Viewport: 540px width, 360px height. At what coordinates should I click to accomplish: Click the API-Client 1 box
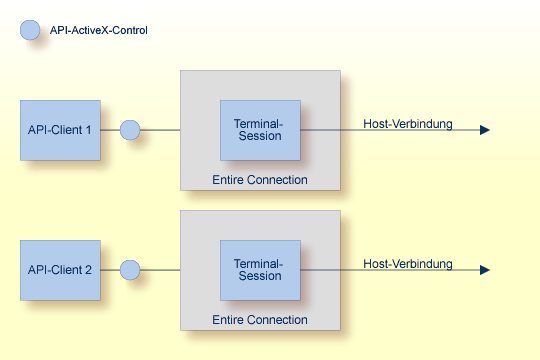tap(60, 130)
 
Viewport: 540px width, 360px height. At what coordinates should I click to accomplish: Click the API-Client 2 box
tap(60, 270)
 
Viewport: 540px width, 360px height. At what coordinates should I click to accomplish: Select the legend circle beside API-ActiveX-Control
tap(30, 30)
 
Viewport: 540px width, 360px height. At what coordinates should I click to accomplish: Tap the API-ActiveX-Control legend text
tap(99, 31)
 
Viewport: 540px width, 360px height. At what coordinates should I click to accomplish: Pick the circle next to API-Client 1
tap(130, 130)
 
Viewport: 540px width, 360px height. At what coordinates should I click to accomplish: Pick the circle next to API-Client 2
tap(130, 270)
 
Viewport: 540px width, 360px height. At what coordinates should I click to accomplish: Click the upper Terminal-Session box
tap(260, 130)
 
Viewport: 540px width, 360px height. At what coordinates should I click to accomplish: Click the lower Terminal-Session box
tap(260, 270)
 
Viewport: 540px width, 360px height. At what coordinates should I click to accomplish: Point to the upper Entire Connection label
tap(260, 179)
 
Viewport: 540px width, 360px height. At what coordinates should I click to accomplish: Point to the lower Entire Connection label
tap(260, 319)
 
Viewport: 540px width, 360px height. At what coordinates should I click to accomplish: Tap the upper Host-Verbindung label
tap(407, 124)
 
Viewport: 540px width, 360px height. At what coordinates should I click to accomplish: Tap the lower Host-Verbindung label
tap(407, 264)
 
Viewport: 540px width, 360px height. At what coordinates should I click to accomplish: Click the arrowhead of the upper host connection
tap(485, 130)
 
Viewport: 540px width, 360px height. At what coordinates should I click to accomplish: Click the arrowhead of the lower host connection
tap(485, 270)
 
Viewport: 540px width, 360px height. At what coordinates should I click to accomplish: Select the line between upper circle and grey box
tap(160, 130)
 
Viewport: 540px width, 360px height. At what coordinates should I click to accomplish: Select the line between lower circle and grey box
tap(160, 270)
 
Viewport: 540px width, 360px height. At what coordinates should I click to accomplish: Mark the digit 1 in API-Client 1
tap(88, 130)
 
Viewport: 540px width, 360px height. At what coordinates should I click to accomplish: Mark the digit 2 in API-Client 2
tap(88, 270)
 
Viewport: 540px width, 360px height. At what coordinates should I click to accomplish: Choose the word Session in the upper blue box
tap(260, 137)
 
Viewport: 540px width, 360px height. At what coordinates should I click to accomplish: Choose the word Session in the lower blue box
tap(260, 277)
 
